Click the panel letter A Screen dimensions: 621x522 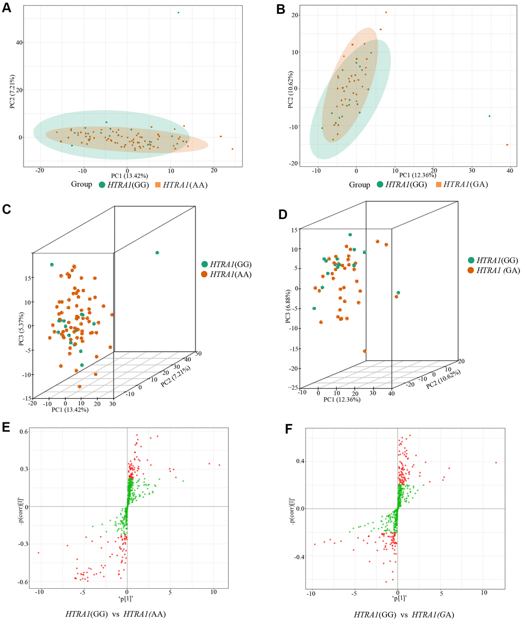coord(6,9)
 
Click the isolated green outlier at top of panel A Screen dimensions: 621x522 coord(178,12)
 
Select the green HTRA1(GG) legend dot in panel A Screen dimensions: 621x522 coord(103,184)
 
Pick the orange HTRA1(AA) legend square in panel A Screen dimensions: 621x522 coord(157,184)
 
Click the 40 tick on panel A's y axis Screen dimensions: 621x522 coord(18,42)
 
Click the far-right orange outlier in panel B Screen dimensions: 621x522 coord(507,145)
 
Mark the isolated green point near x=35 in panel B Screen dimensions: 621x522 coord(489,116)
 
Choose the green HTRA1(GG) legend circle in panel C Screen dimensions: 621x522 coord(205,264)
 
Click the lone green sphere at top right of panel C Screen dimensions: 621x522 coord(157,252)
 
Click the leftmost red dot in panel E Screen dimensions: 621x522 coord(38,553)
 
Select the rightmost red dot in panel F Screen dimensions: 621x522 coord(496,463)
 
